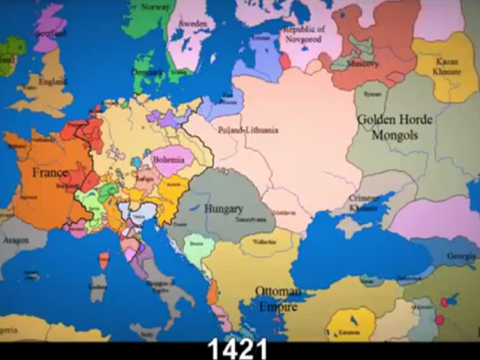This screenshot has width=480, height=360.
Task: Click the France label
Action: coord(50,173)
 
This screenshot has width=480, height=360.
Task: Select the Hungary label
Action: coord(223,209)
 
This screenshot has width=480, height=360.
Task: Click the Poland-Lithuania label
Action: coord(248,130)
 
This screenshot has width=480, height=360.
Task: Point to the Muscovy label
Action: coord(363,64)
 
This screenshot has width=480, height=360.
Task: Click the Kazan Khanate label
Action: coord(447,67)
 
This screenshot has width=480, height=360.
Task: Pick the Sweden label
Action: coord(193,23)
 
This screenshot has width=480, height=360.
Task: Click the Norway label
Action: coord(155,7)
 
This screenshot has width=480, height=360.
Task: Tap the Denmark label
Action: coord(148,73)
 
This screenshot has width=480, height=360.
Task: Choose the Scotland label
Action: coord(50,33)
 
